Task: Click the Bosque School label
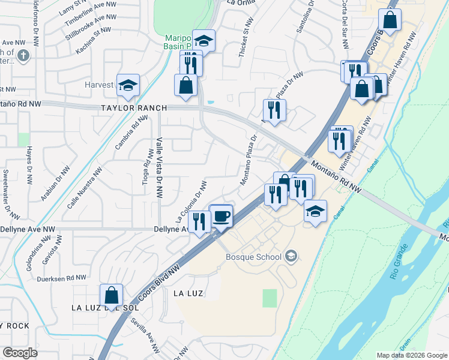pyautogui.click(x=253, y=257)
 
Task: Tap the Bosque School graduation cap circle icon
pyautogui.click(x=291, y=257)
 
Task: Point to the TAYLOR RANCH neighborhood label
pyautogui.click(x=134, y=109)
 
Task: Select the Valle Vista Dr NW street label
pyautogui.click(x=159, y=167)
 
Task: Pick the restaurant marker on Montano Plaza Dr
pyautogui.click(x=274, y=110)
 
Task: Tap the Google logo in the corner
pyautogui.click(x=20, y=353)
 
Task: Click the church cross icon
pyautogui.click(x=23, y=56)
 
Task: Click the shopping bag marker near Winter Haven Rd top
pyautogui.click(x=390, y=20)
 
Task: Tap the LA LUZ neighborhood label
pyautogui.click(x=188, y=293)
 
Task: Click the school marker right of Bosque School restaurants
pyautogui.click(x=315, y=212)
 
